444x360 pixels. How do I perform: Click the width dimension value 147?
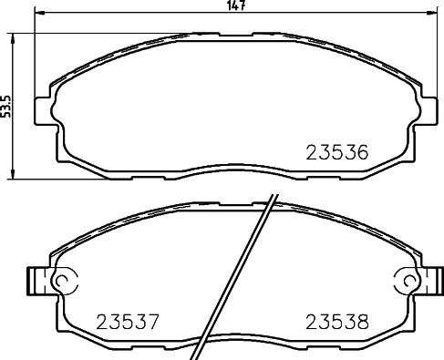coord(236,5)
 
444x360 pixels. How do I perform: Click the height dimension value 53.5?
coord(5,106)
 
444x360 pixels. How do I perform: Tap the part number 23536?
coord(337,152)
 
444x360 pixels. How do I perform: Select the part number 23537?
coord(128,322)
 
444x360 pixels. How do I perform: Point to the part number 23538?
coord(337,322)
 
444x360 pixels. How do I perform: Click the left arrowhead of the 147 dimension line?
coord(39,13)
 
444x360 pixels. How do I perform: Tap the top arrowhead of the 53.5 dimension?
coord(13,38)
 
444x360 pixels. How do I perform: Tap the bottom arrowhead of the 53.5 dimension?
coord(13,174)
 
